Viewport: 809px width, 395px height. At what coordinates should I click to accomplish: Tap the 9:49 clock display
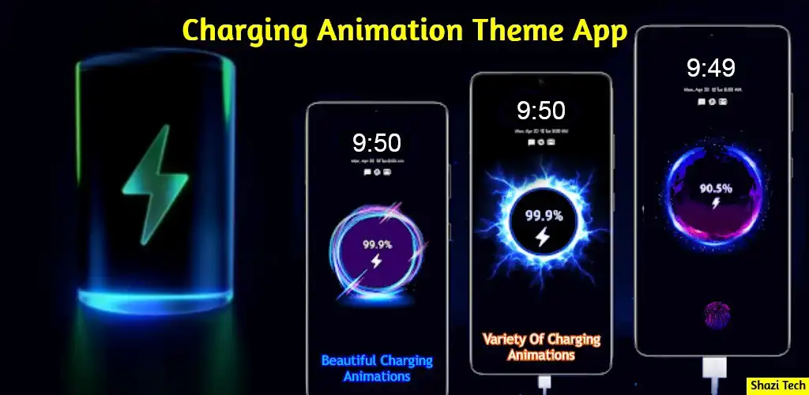click(711, 69)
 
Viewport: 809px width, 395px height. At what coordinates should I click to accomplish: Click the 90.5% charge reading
click(715, 189)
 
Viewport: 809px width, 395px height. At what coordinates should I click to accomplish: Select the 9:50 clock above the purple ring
click(376, 143)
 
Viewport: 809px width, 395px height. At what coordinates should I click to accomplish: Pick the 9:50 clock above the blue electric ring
click(540, 111)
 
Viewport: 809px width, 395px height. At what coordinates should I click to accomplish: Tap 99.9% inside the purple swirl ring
click(377, 245)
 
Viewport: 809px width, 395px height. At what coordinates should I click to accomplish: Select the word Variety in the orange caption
click(506, 340)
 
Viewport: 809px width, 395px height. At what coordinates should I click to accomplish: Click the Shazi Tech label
click(777, 384)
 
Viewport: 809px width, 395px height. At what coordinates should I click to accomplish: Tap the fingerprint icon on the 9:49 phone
click(717, 314)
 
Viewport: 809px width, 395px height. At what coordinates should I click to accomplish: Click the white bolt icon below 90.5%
click(716, 203)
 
